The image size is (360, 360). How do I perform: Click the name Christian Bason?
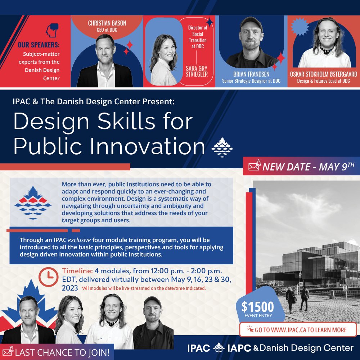107,23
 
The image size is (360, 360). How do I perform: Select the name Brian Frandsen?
251,74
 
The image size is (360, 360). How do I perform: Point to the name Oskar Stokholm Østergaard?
324,74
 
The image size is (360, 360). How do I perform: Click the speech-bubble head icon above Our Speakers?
52,30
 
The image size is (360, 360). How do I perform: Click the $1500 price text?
257,307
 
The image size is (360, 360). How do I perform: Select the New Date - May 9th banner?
301,167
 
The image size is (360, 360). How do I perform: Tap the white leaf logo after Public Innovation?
222,147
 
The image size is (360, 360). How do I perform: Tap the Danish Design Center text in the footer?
306,348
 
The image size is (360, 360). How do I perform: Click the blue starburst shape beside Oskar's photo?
300,27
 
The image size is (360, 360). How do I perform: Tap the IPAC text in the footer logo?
199,348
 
